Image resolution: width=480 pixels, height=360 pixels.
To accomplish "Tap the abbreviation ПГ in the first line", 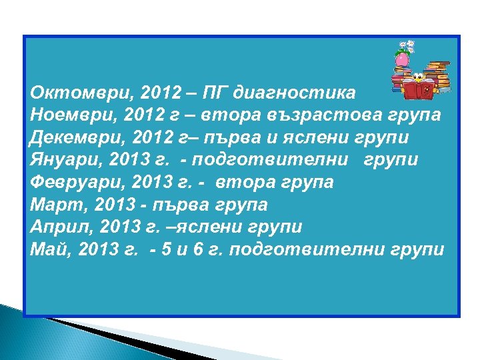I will click(x=222, y=93).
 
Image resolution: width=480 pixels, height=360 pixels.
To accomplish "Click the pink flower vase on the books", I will click(x=402, y=60).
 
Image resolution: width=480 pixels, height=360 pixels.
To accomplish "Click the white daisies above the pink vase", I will click(x=404, y=47).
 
